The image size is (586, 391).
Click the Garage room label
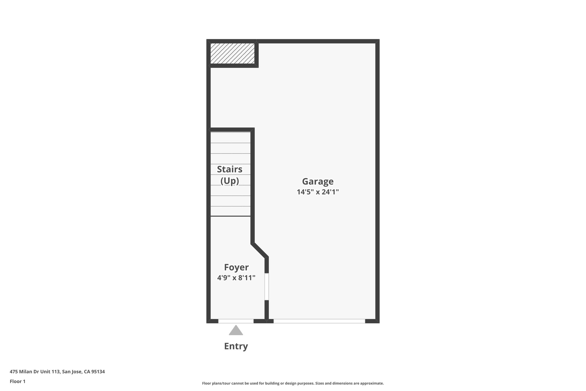pyautogui.click(x=318, y=182)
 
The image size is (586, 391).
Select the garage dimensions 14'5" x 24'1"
pyautogui.click(x=318, y=192)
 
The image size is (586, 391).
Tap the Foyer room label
pyautogui.click(x=236, y=267)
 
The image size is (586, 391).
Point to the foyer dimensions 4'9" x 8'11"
pyautogui.click(x=236, y=278)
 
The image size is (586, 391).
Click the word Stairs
pyautogui.click(x=229, y=169)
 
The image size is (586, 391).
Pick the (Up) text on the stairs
pyautogui.click(x=229, y=181)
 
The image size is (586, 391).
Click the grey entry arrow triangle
pyautogui.click(x=236, y=331)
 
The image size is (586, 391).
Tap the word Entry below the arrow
pyautogui.click(x=236, y=346)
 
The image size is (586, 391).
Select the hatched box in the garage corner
pyautogui.click(x=232, y=54)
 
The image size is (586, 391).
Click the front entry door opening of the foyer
pyautogui.click(x=236, y=321)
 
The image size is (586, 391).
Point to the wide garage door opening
pyautogui.click(x=319, y=321)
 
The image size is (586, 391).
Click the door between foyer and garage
pyautogui.click(x=267, y=286)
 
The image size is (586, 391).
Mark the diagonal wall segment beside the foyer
pyautogui.click(x=260, y=250)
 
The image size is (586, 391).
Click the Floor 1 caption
pyautogui.click(x=17, y=381)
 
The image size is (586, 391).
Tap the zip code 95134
pyautogui.click(x=98, y=372)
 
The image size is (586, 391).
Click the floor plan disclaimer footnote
pyautogui.click(x=293, y=383)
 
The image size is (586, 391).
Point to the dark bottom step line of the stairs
pyautogui.click(x=230, y=216)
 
